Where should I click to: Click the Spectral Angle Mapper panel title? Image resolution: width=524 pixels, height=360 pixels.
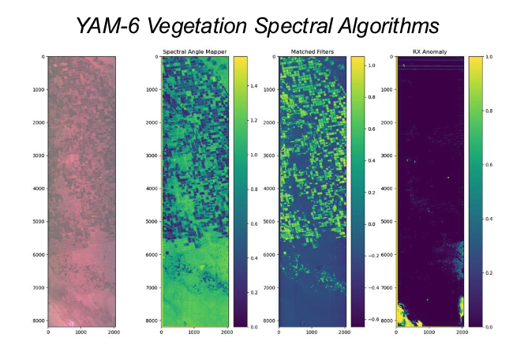[x=194, y=52]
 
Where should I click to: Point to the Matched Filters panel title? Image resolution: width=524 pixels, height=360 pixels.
[x=313, y=52]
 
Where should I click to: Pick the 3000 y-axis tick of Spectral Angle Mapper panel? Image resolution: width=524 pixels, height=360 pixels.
[x=151, y=156]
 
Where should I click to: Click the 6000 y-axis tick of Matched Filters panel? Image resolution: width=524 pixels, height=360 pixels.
[x=269, y=256]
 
